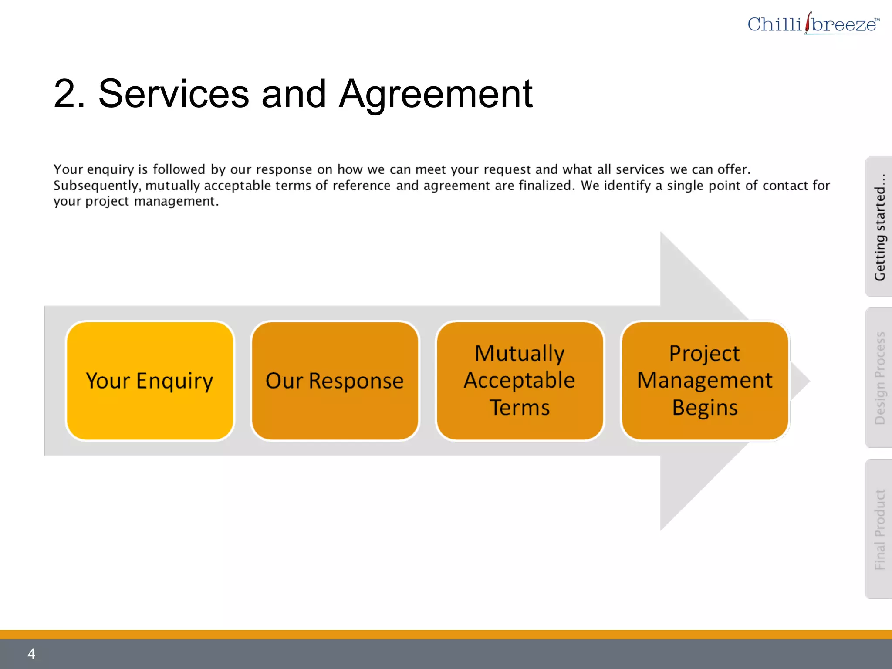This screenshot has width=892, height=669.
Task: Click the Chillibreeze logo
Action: [813, 24]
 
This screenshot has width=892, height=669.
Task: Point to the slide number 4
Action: [31, 653]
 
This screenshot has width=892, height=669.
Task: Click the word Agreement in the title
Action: [436, 94]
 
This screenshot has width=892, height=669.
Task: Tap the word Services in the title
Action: [173, 94]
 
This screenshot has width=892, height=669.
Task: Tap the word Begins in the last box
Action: [705, 408]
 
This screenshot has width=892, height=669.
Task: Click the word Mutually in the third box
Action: [520, 353]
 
